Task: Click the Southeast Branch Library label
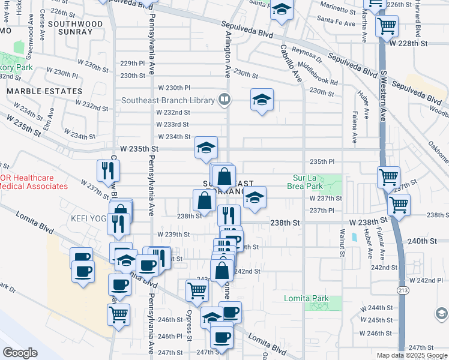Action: [x=168, y=100]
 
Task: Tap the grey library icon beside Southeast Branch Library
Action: [x=224, y=99]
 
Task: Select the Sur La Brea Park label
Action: [x=312, y=182]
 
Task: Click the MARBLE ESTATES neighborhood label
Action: [x=44, y=91]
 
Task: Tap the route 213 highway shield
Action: [x=400, y=290]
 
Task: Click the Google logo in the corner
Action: [x=20, y=352]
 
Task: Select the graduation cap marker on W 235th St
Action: [x=206, y=147]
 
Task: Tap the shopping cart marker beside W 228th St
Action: [x=387, y=26]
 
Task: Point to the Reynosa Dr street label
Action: [x=307, y=57]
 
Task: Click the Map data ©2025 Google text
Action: [x=412, y=355]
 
